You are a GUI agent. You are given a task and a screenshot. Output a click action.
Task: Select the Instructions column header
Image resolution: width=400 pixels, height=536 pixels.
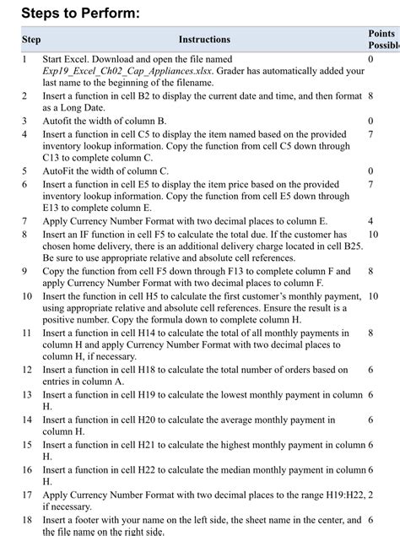tap(204, 40)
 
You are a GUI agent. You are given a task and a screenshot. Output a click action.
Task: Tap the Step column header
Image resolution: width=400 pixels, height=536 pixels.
tap(30, 40)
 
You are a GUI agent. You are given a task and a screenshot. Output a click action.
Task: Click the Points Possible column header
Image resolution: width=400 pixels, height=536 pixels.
tap(381, 39)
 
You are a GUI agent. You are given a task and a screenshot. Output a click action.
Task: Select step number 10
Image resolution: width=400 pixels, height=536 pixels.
tap(26, 296)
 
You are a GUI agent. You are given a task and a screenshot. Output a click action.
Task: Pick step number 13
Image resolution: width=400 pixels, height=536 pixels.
tap(26, 395)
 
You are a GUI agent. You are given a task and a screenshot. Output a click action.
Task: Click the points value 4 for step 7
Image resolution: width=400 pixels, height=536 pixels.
tap(370, 220)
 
